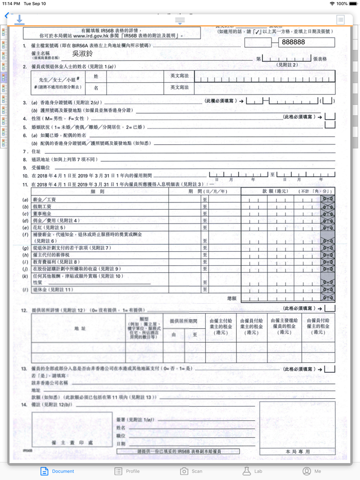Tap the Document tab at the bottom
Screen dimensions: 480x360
[57, 471]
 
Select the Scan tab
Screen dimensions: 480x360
[191, 471]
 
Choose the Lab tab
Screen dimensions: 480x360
[252, 471]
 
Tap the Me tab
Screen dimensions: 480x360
[312, 471]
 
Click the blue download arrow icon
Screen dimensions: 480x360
[19, 20]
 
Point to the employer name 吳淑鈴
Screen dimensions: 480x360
[82, 53]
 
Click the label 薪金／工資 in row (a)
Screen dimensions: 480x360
[45, 199]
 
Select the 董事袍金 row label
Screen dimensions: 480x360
[43, 213]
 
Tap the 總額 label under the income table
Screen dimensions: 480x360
[232, 298]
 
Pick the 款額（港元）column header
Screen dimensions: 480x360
[275, 192]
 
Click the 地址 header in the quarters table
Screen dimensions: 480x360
[80, 328]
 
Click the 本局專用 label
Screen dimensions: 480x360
[298, 451]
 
